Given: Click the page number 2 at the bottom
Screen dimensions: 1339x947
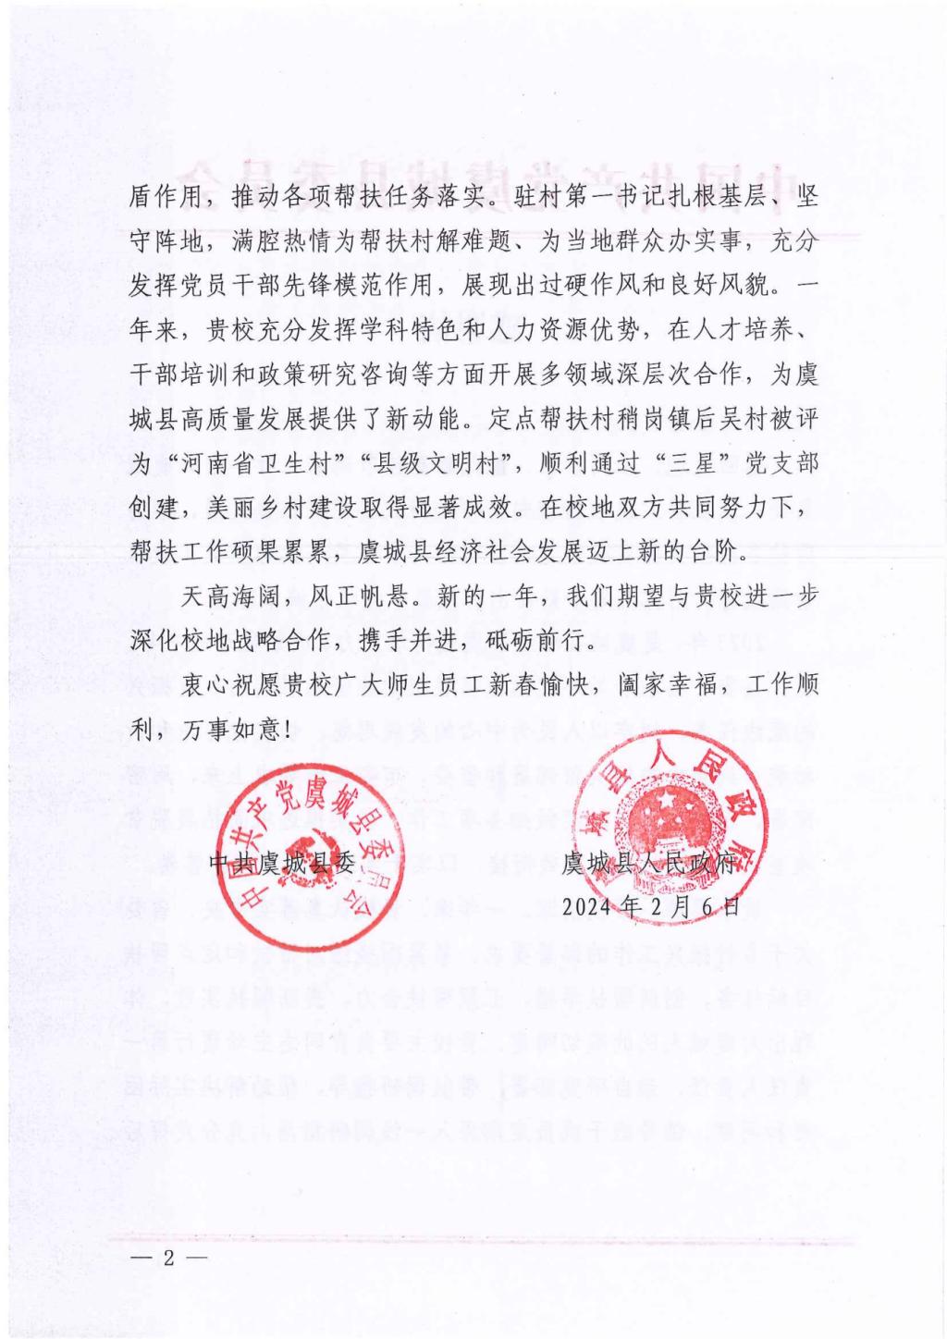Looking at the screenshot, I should coord(167,1259).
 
